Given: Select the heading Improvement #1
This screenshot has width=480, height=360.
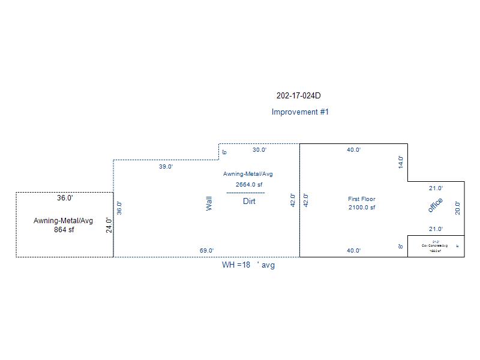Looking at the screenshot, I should coord(300,112).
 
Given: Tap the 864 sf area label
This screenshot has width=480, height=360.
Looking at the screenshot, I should coord(64,230).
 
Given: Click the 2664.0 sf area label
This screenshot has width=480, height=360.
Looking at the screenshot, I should coord(249,184).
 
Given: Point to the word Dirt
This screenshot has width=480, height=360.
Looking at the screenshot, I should coord(249,202).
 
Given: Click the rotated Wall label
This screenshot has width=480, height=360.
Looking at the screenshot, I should coord(209,204).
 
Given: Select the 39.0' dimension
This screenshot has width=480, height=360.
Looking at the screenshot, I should coord(166,167).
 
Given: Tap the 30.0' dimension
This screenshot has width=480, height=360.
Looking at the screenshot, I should coord(259,150).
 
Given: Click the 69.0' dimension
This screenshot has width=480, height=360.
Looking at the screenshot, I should coord(206,251).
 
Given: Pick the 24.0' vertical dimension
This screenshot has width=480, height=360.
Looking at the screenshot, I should coord(109,225).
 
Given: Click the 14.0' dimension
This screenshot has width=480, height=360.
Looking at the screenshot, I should coord(401,162).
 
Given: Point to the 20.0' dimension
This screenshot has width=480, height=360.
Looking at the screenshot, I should coord(458,208).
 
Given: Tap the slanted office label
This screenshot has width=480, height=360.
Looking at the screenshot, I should coord(435,205).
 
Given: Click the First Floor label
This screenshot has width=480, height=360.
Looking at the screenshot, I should coord(361,199).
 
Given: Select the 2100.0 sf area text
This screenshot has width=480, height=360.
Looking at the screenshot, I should coord(361,208).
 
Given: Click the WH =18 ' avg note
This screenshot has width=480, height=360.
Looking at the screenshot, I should coord(248,265).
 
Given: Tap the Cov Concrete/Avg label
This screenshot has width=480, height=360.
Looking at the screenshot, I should coord(436,246).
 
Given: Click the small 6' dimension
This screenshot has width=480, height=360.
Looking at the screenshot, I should coord(224,152).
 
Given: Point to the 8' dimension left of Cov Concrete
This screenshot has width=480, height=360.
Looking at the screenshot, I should coord(401,246).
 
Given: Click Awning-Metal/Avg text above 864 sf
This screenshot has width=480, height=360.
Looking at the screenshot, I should coord(64,221).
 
